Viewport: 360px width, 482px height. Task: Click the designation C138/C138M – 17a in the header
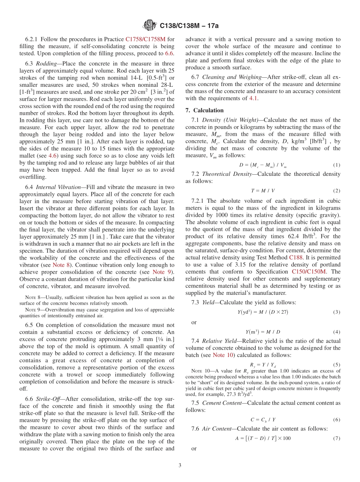point(189,26)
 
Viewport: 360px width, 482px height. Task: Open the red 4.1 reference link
point(253,98)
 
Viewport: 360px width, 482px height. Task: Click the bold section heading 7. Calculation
point(205,110)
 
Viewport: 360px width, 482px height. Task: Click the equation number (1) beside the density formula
point(337,165)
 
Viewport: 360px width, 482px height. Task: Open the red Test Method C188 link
point(296,257)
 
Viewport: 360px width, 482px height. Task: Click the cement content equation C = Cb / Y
point(263,419)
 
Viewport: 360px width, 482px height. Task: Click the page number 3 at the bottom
point(180,465)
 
